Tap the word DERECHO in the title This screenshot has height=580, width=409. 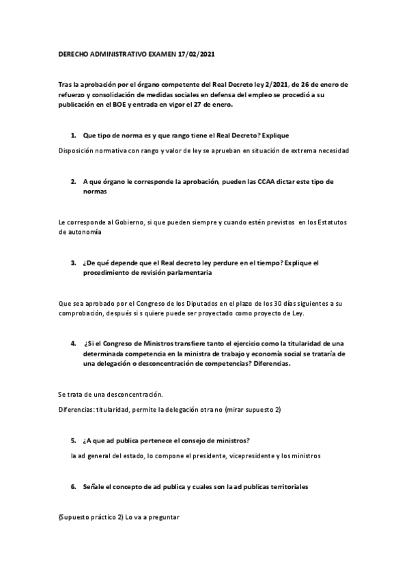coord(72,53)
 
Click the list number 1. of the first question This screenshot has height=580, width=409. coord(73,136)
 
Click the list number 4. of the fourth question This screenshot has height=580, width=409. coord(73,343)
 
